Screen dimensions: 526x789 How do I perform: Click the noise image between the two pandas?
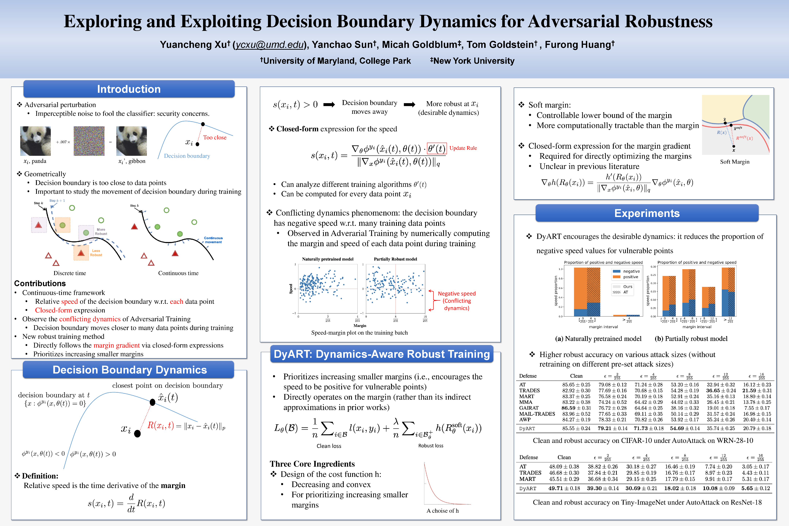(89, 141)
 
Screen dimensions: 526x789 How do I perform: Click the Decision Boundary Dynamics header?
(129, 370)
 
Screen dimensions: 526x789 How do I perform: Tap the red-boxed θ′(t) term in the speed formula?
(437, 148)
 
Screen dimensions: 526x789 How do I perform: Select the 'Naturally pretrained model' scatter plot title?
(327, 259)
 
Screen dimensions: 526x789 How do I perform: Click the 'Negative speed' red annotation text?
(457, 294)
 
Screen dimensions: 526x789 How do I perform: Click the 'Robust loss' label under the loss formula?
(431, 445)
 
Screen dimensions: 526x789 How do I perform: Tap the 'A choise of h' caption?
(443, 511)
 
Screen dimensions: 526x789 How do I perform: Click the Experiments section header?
(647, 213)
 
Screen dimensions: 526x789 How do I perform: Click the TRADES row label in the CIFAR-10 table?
(529, 390)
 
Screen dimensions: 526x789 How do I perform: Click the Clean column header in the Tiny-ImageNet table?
(564, 457)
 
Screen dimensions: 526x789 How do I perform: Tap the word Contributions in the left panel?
(40, 283)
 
